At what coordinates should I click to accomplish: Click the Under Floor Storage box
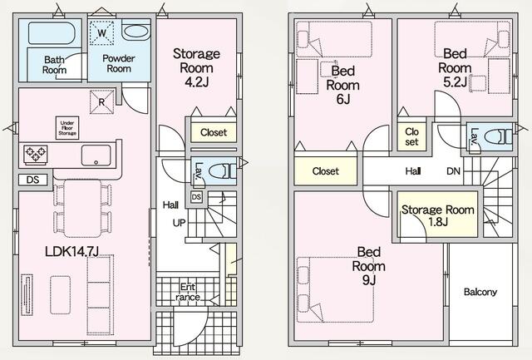pyautogui.click(x=67, y=128)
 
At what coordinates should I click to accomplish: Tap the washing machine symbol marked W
pyautogui.click(x=102, y=32)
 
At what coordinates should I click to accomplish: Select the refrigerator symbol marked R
pyautogui.click(x=101, y=101)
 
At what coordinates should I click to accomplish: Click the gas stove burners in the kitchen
pyautogui.click(x=35, y=155)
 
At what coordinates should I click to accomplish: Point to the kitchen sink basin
pyautogui.click(x=96, y=155)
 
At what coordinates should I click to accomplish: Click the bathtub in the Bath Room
pyautogui.click(x=51, y=33)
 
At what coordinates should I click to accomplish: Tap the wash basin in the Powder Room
pyautogui.click(x=135, y=32)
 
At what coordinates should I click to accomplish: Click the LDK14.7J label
pyautogui.click(x=72, y=251)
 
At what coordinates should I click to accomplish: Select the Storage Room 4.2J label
pyautogui.click(x=196, y=67)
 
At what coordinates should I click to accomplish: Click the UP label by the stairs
pyautogui.click(x=180, y=223)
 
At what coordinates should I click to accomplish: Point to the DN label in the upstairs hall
pyautogui.click(x=453, y=171)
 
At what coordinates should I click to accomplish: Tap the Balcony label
pyautogui.click(x=480, y=292)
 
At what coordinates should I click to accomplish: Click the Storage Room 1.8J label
pyautogui.click(x=438, y=216)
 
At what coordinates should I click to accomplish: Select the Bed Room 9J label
pyautogui.click(x=368, y=266)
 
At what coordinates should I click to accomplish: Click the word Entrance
pyautogui.click(x=188, y=292)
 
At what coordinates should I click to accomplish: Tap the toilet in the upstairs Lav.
pyautogui.click(x=498, y=138)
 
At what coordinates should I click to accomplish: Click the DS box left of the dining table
pyautogui.click(x=33, y=180)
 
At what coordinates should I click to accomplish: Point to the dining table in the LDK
pyautogui.click(x=82, y=209)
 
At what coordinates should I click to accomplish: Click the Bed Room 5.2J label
pyautogui.click(x=455, y=67)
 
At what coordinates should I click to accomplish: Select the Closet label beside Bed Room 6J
pyautogui.click(x=325, y=171)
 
